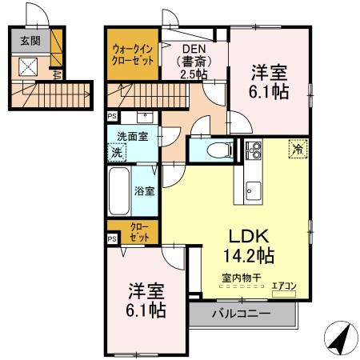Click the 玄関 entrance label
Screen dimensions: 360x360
pyautogui.click(x=30, y=41)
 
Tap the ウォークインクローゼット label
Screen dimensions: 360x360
pyautogui.click(x=132, y=57)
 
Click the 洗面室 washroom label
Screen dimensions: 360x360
pyautogui.click(x=132, y=137)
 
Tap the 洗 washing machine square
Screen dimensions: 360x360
pyautogui.click(x=118, y=151)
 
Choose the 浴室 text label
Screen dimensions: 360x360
pyautogui.click(x=145, y=190)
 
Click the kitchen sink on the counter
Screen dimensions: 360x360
pyautogui.click(x=253, y=190)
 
